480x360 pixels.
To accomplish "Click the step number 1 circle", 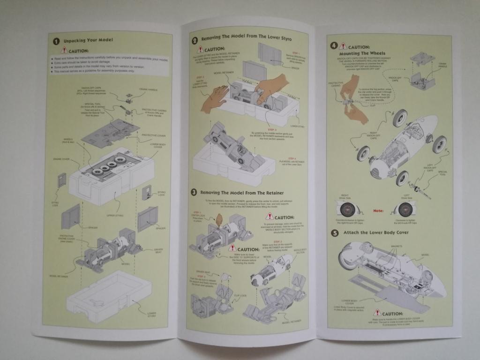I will pos(56,40).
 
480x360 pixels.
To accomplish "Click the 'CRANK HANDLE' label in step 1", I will pos(149,89).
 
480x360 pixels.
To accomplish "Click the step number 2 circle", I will pos(195,40).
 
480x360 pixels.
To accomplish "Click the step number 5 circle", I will pos(334,233).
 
